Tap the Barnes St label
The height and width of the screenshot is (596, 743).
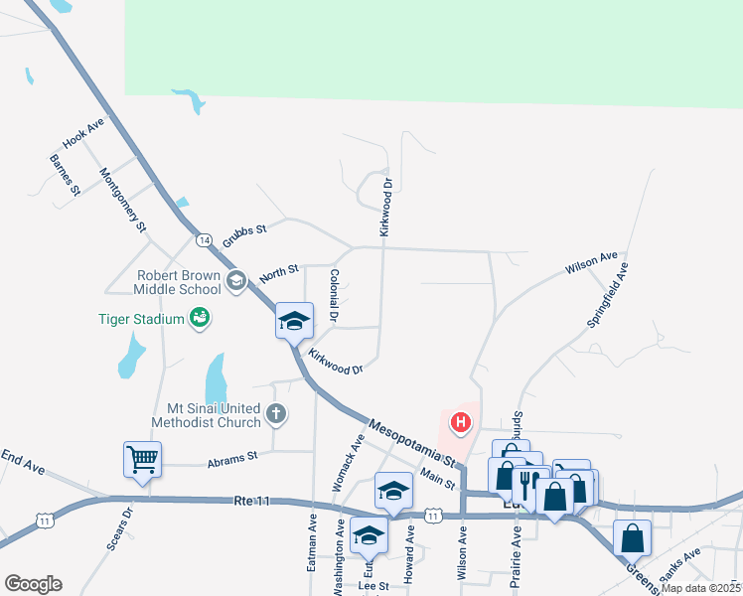[x=64, y=175]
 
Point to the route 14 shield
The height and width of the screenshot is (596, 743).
[x=204, y=240]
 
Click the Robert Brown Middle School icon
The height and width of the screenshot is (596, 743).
[x=236, y=282]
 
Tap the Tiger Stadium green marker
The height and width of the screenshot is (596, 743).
[x=200, y=318]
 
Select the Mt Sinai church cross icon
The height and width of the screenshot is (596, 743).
[x=276, y=414]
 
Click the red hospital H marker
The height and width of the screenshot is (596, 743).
[x=461, y=423]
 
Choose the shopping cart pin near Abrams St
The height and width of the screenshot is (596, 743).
[x=143, y=459]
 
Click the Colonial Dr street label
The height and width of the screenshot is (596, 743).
[x=334, y=296]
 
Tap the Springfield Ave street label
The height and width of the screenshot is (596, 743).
[x=608, y=295]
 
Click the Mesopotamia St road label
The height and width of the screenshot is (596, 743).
[x=410, y=443]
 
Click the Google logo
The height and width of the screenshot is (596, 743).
[x=33, y=584]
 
